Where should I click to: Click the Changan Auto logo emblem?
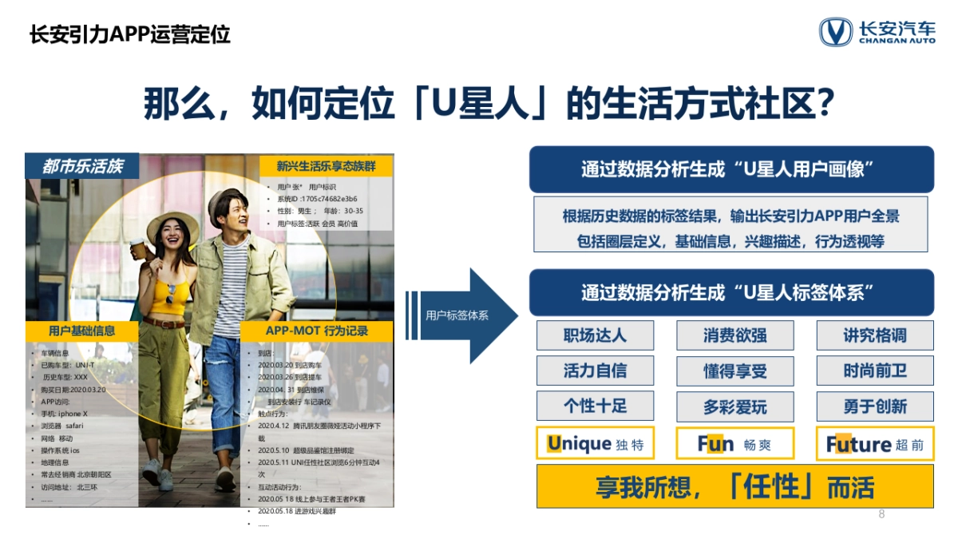[835, 33]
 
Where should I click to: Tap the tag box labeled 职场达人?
[595, 335]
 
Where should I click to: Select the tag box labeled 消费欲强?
[734, 335]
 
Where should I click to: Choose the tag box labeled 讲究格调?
[874, 335]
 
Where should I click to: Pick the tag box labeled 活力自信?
[595, 371]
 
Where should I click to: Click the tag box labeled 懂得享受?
[734, 371]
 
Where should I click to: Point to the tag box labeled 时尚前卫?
[874, 371]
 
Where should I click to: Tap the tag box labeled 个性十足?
[595, 406]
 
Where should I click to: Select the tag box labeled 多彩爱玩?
[734, 406]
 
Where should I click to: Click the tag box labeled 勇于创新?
[874, 406]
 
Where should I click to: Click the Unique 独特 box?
[595, 444]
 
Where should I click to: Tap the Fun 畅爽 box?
[734, 444]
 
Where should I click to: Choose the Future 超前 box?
[874, 444]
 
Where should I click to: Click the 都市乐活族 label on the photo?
[82, 166]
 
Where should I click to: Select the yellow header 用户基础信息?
[81, 331]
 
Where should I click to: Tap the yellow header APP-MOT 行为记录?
[317, 331]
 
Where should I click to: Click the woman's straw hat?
[172, 222]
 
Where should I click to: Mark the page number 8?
[881, 514]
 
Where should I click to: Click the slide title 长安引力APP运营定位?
[130, 35]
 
